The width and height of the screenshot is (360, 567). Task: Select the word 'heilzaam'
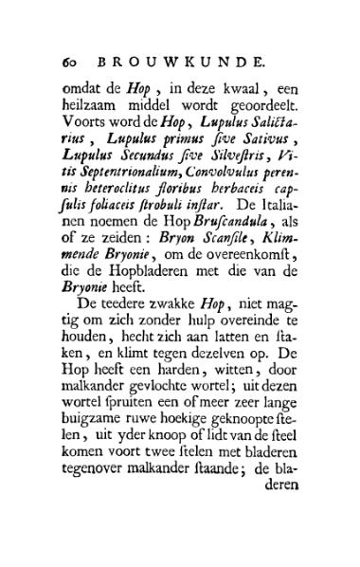tap(90, 107)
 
